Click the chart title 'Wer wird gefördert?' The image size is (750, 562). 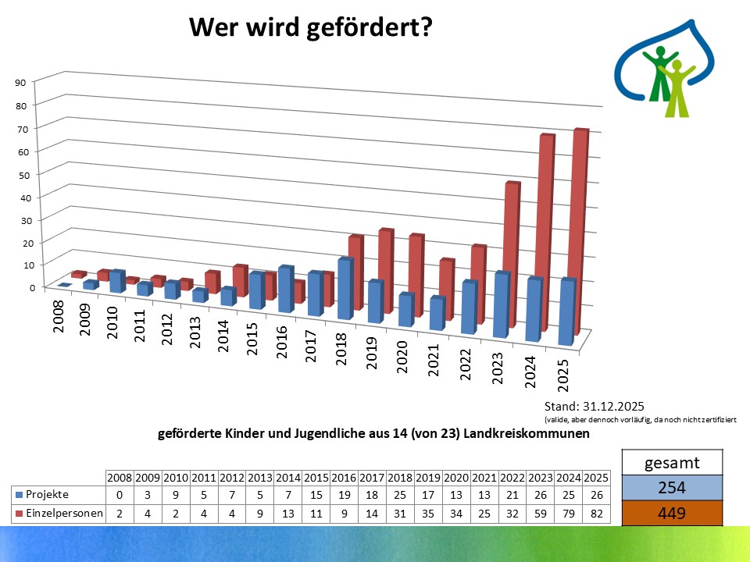311,28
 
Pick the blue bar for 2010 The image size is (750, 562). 117,281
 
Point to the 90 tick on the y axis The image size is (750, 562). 20,82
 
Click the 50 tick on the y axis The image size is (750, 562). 20,173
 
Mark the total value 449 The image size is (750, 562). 672,513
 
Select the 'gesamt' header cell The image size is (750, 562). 672,463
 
